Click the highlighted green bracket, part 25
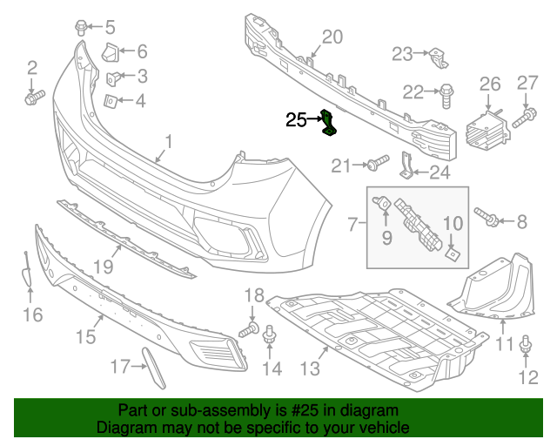click(x=329, y=124)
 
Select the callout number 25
click(x=296, y=120)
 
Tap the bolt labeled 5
click(x=81, y=28)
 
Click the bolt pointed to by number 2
click(x=35, y=97)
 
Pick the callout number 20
click(x=332, y=37)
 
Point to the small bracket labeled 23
click(x=439, y=58)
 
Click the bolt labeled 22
click(x=446, y=96)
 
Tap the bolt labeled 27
click(x=524, y=118)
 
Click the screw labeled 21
click(x=379, y=163)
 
